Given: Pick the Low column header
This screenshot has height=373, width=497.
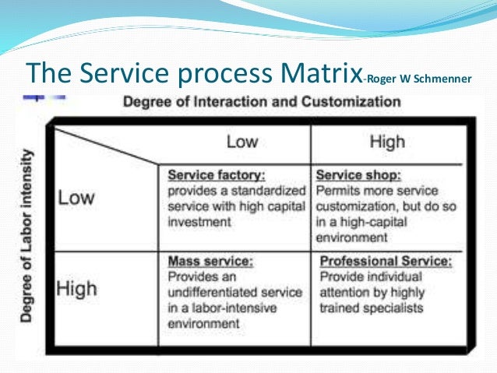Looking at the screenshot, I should coord(241,142).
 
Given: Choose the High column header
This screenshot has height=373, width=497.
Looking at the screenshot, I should coord(387,142).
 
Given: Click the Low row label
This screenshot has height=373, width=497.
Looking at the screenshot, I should coord(77,196).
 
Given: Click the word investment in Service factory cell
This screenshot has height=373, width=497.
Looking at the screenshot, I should coord(199,222).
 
